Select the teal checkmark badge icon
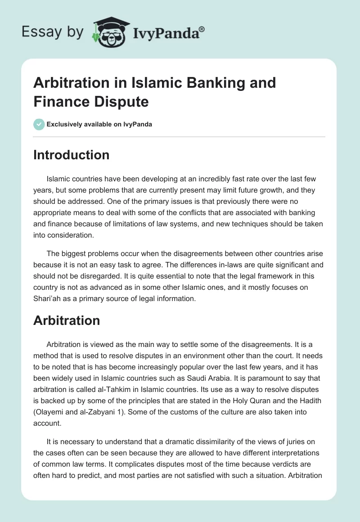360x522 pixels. [39, 124]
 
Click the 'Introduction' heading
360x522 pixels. [71, 155]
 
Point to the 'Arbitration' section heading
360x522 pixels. [67, 320]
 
